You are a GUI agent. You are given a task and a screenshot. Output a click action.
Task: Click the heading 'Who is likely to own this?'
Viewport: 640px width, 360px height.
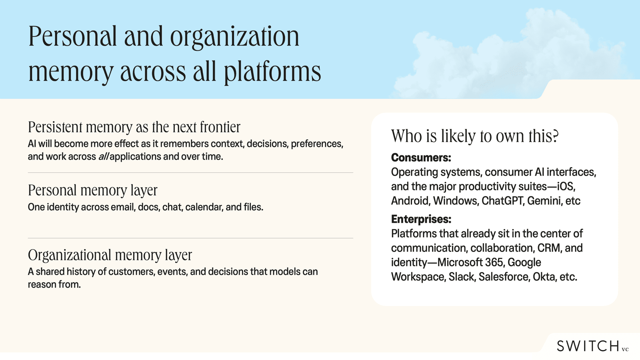tap(474, 136)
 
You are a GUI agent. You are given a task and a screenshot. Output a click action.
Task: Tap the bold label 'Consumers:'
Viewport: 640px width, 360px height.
tap(421, 158)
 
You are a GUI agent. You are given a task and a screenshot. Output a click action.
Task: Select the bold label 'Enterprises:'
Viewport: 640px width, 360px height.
tap(421, 219)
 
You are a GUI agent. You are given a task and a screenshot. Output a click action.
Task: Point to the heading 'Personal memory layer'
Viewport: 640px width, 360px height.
tap(92, 190)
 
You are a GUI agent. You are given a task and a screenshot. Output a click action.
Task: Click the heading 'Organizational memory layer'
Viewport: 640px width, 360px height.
tap(110, 255)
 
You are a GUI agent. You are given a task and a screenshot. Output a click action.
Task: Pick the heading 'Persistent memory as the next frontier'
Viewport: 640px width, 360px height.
tap(134, 127)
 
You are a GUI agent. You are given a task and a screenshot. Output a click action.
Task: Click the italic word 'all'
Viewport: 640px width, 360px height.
tap(104, 156)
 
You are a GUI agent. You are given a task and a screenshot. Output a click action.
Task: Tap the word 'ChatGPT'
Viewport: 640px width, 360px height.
tap(502, 201)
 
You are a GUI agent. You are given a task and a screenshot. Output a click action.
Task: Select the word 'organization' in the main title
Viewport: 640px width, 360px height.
tap(234, 37)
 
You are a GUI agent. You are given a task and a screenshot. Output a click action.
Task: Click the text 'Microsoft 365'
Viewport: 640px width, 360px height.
tap(470, 262)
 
